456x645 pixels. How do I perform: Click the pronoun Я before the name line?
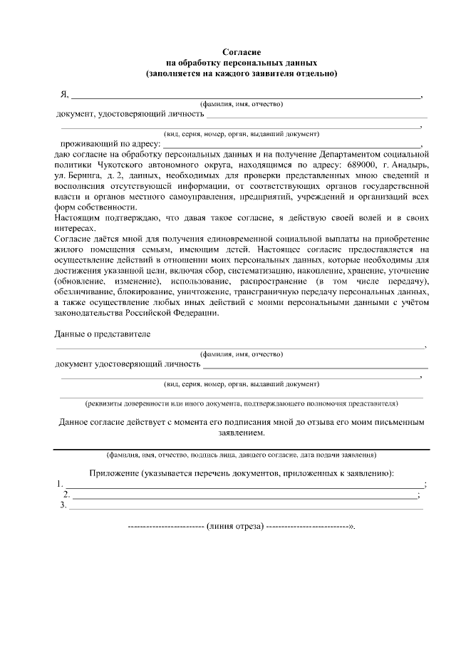tap(63, 95)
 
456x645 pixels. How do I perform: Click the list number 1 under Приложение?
tap(59, 485)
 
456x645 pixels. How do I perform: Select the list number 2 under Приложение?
tap(66, 495)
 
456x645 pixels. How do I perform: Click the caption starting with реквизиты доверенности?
tap(242, 404)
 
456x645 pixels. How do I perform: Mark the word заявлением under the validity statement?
tap(242, 433)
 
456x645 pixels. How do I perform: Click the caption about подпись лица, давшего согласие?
tap(242, 455)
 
